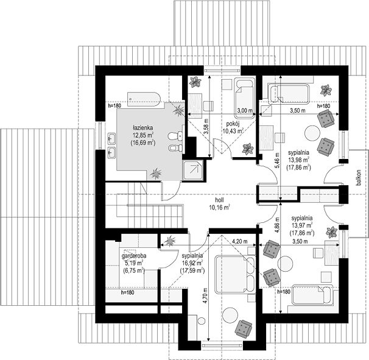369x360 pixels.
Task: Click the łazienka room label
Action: coord(143,128)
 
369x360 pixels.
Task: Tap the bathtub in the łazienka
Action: coord(144,99)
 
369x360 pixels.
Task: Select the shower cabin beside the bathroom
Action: coord(193,171)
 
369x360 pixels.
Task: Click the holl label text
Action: coord(219,200)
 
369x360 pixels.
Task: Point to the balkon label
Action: coord(359,178)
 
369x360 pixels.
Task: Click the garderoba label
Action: coord(134,256)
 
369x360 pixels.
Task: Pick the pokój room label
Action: coord(233,124)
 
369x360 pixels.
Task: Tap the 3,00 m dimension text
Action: coord(245,110)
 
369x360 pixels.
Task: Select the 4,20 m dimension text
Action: coord(240,241)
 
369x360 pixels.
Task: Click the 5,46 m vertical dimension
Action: coord(277,160)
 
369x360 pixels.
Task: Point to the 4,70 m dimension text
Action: coord(206,295)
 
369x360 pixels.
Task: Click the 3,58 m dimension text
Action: coord(206,127)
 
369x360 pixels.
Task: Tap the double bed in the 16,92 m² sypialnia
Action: coord(235,275)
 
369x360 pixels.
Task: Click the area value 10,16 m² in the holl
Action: coord(219,208)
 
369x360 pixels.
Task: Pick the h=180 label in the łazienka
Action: coord(114,106)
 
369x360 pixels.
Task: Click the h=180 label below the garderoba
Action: coord(127,292)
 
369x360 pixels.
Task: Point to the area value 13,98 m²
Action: coord(298,160)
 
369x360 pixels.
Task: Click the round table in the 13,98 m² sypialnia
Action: coord(313,133)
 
